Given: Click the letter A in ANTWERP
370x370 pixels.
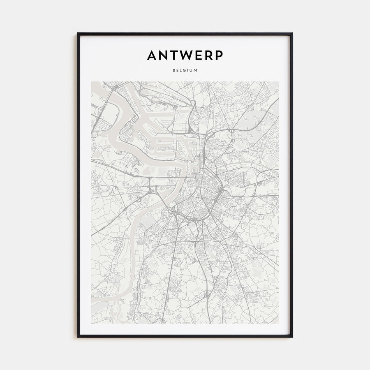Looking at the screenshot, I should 152,55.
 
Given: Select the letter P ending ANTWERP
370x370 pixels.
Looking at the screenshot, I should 219,55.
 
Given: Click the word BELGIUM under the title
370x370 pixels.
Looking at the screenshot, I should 185,70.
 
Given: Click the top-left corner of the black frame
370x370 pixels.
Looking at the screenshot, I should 78,33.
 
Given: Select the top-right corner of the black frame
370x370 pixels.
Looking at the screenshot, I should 292,33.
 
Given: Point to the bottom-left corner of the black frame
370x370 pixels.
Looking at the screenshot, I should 78,337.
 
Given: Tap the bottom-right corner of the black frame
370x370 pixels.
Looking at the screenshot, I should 292,337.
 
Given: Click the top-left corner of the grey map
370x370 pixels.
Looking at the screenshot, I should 91,81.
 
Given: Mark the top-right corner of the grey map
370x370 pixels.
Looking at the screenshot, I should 279,81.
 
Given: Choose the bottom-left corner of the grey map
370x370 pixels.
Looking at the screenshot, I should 91,324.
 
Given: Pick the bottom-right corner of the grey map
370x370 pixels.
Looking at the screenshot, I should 279,324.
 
